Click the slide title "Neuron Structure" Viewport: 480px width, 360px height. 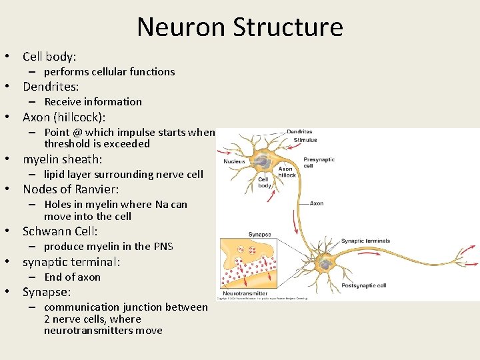pos(240,27)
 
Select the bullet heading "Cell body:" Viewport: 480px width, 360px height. pos(49,57)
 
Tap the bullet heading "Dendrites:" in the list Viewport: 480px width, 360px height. pos(51,87)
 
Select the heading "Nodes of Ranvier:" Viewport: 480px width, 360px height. pos(71,189)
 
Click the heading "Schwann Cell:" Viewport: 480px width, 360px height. pos(60,231)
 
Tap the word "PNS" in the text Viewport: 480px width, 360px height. pos(163,247)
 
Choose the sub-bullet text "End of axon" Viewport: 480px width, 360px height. pos(72,277)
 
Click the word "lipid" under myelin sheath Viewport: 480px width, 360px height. pos(55,175)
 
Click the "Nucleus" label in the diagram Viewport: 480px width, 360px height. pos(234,161)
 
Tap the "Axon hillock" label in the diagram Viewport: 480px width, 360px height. pos(286,172)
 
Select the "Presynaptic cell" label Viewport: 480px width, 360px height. pos(319,163)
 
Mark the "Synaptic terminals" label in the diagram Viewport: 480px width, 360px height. pos(365,241)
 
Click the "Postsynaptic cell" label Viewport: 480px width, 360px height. pos(363,285)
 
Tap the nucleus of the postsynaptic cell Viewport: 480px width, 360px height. pos(325,265)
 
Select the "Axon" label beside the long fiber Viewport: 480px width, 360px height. pos(316,203)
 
